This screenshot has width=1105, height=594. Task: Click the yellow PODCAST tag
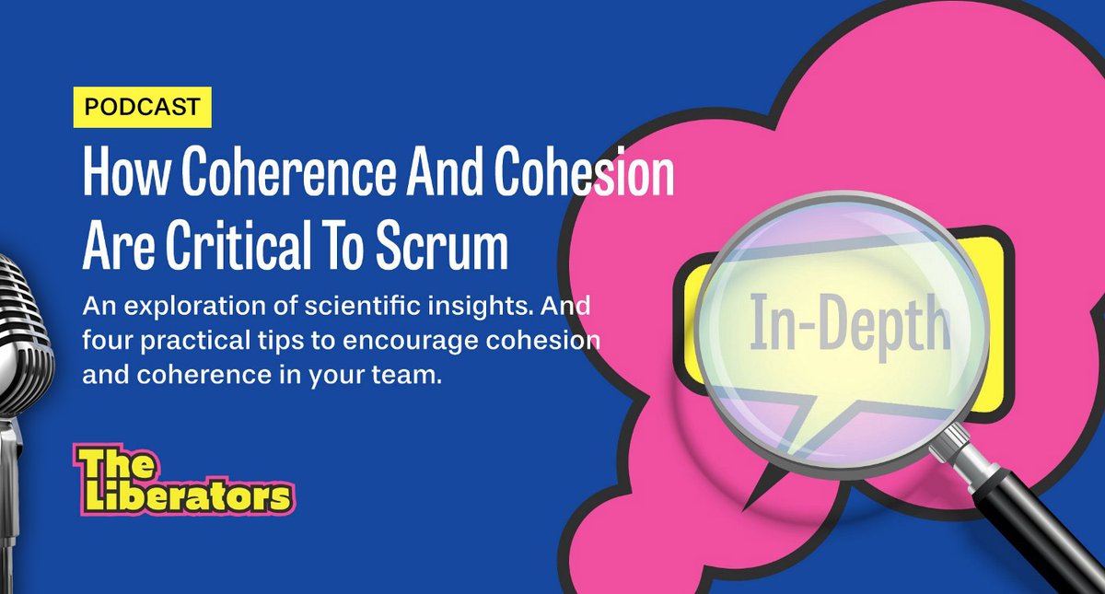coord(142,107)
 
